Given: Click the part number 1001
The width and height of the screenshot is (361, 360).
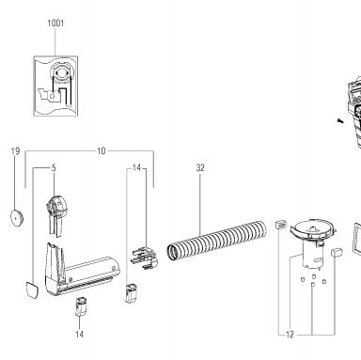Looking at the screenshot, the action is (x=55, y=23).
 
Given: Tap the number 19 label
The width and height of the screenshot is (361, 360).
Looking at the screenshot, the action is (x=15, y=151).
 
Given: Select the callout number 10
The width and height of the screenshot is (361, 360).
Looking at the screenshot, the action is (x=101, y=151).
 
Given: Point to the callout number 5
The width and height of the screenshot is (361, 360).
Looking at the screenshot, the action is (x=54, y=168).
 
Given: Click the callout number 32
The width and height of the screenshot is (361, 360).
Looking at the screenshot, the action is (x=200, y=168).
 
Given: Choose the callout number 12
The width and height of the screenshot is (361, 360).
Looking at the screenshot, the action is (x=290, y=335).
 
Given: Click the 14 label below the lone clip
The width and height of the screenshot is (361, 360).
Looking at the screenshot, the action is (x=79, y=335).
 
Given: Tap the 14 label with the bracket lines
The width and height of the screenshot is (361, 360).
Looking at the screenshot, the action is (x=136, y=168).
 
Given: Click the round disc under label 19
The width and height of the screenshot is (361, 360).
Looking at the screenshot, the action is (x=17, y=217).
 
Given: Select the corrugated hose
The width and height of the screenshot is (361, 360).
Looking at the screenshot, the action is (x=217, y=241).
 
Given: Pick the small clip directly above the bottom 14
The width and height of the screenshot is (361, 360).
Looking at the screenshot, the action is (x=81, y=306).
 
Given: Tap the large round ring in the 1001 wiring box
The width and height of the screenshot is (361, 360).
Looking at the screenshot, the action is (x=62, y=72).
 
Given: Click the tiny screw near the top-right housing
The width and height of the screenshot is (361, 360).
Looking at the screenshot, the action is (x=339, y=120).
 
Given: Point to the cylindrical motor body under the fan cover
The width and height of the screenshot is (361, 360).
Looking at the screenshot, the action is (x=312, y=258).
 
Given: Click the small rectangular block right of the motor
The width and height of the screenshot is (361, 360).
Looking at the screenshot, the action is (x=337, y=252).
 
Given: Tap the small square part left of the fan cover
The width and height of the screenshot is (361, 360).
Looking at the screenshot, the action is (x=280, y=225).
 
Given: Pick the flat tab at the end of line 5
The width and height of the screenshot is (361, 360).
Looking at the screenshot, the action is (x=32, y=290).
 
